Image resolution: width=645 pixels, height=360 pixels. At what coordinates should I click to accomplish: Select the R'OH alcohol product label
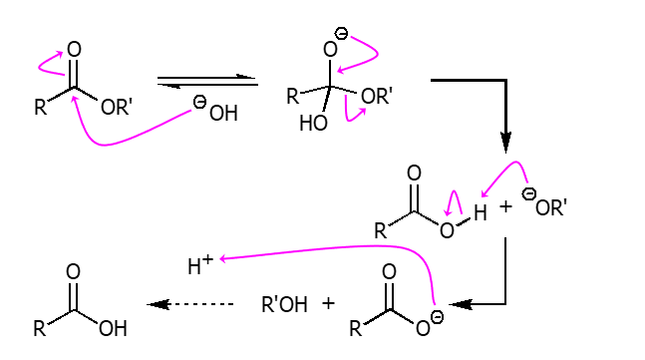click(284, 304)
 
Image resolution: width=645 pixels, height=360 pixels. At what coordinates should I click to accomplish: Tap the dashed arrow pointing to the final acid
click(189, 304)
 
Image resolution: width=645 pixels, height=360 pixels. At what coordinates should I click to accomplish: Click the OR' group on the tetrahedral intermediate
click(376, 97)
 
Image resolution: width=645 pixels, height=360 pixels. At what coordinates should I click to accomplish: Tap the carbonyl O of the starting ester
click(74, 50)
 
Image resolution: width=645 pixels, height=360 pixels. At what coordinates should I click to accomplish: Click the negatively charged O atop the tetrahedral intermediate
click(333, 46)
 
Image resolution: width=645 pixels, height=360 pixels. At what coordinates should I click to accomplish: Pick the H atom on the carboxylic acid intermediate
click(481, 212)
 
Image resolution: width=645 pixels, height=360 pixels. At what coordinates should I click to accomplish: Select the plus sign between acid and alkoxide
click(505, 207)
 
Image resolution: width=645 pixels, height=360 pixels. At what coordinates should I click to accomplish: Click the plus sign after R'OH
click(328, 303)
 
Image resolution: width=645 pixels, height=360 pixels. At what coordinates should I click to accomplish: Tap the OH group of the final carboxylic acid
click(112, 328)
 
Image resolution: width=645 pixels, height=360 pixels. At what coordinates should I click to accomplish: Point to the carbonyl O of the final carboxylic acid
click(73, 272)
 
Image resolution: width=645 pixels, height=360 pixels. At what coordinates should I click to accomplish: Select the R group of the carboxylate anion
click(356, 328)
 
